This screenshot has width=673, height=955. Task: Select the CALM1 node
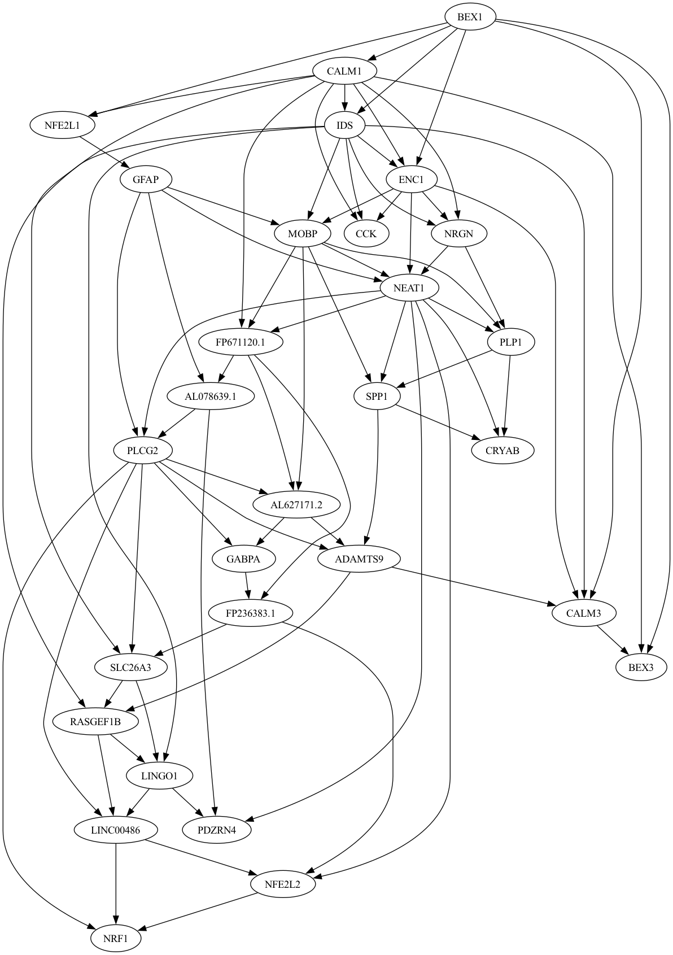(x=344, y=71)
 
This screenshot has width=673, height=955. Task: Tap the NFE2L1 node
(x=62, y=125)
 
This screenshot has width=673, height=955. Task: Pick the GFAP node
(x=146, y=180)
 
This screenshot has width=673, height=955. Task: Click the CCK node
(x=366, y=233)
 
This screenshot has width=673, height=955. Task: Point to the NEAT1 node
(x=409, y=288)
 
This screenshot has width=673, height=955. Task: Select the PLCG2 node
(x=142, y=450)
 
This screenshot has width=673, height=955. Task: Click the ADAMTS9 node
(x=359, y=559)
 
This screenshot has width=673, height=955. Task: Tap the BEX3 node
(x=641, y=667)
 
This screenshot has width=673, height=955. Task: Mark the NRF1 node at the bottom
(x=116, y=939)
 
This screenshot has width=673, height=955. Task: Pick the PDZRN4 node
(x=217, y=830)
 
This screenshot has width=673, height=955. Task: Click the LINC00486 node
(x=116, y=830)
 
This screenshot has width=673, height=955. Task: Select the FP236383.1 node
(x=251, y=613)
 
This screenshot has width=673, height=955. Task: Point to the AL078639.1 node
(x=211, y=396)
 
